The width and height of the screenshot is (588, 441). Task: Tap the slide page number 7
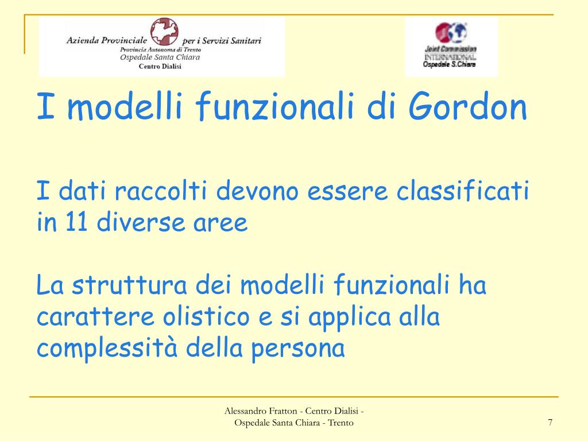tap(550, 423)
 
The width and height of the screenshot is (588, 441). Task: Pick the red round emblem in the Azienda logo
tap(164, 33)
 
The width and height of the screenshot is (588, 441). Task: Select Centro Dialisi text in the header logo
tap(160, 67)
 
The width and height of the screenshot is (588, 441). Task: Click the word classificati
tap(462, 191)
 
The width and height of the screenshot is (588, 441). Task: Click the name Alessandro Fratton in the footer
tap(261, 411)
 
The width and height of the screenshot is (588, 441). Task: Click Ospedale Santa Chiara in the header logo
tap(160, 58)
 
